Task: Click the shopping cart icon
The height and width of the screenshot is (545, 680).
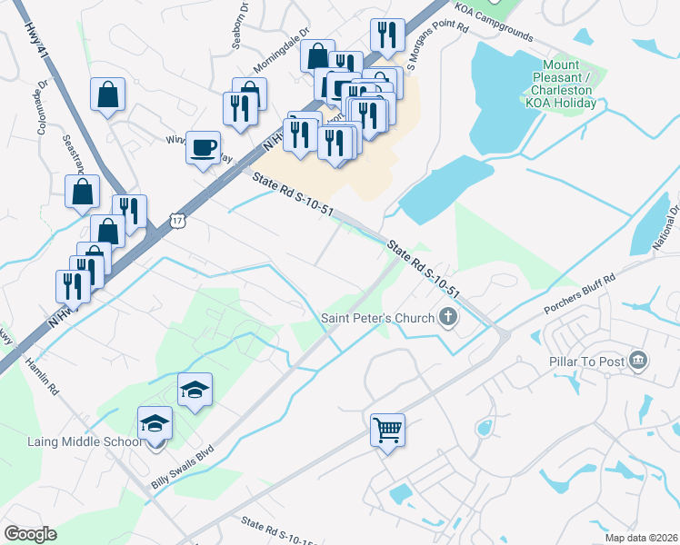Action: point(387,430)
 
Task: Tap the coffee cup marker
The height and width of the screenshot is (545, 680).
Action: point(203,147)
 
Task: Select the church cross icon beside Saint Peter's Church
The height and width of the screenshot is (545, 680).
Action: point(446,317)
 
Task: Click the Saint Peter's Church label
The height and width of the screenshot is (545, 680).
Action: point(377,318)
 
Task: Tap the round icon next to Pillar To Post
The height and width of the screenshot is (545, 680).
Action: point(638,362)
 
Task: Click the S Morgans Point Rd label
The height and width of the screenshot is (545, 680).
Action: point(437,42)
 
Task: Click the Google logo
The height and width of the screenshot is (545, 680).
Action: point(30,534)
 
